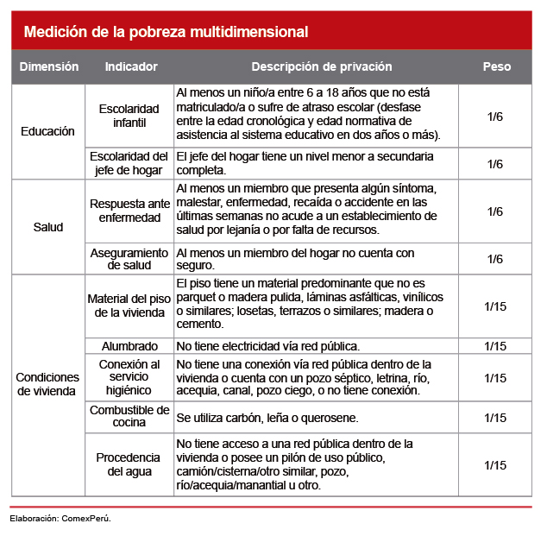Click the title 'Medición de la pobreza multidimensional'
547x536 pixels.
pyautogui.click(x=166, y=33)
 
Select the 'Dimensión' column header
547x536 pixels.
pyautogui.click(x=49, y=66)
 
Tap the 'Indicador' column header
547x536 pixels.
pyautogui.click(x=131, y=66)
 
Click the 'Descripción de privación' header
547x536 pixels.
pyautogui.click(x=322, y=66)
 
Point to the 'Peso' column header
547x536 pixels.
pyautogui.click(x=496, y=66)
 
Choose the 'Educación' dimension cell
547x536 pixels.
pyautogui.click(x=48, y=132)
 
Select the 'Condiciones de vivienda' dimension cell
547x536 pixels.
pyautogui.click(x=48, y=385)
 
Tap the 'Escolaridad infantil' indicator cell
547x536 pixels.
pyautogui.click(x=129, y=116)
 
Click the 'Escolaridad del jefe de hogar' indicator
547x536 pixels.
pyautogui.click(x=129, y=163)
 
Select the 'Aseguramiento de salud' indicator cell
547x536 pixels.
pyautogui.click(x=129, y=259)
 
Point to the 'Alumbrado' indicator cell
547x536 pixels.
pyautogui.click(x=129, y=345)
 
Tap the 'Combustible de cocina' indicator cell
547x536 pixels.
pyautogui.click(x=129, y=417)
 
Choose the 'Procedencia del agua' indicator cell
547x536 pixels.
pyautogui.click(x=129, y=464)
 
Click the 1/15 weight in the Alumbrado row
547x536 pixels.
pyautogui.click(x=496, y=345)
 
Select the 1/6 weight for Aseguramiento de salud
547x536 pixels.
pyautogui.click(x=496, y=259)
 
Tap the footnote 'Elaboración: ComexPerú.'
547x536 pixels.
pyautogui.click(x=60, y=519)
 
